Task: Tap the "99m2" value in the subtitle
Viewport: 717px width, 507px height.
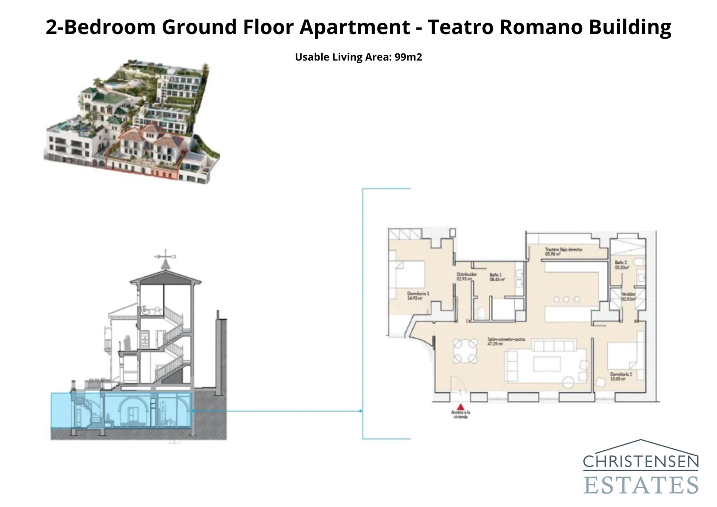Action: pyautogui.click(x=408, y=57)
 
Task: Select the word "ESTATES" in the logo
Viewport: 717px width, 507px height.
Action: pyautogui.click(x=640, y=485)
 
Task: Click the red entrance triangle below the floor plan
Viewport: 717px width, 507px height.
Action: pyautogui.click(x=461, y=406)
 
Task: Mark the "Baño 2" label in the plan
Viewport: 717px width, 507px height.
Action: pyautogui.click(x=622, y=264)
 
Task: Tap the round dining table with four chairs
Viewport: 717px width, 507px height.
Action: pyautogui.click(x=465, y=351)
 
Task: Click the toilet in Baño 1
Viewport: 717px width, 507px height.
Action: pyautogui.click(x=482, y=312)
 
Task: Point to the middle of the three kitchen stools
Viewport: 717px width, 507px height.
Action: pyautogui.click(x=566, y=299)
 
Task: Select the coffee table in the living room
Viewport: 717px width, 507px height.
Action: pyautogui.click(x=547, y=364)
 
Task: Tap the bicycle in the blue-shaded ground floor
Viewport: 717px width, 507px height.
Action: pyautogui.click(x=169, y=422)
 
